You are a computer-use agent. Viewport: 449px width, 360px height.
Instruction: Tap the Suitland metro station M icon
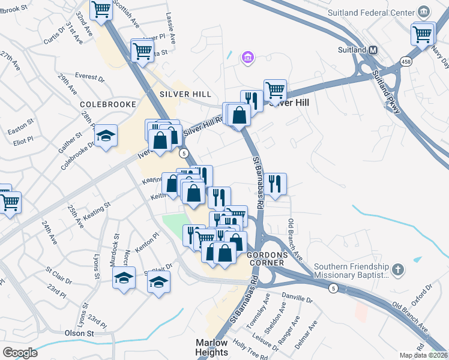tap(372, 50)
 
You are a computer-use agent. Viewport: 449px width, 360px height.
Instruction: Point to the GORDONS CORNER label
tap(276, 256)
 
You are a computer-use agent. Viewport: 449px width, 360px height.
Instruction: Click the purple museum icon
tap(247, 58)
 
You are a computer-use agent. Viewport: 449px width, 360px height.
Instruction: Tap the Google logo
tap(20, 352)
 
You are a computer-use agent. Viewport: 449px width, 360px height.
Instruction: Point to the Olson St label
tap(80, 333)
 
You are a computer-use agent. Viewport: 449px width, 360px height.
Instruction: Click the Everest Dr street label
tap(89, 77)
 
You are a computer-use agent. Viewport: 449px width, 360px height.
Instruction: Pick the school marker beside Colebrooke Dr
tap(106, 136)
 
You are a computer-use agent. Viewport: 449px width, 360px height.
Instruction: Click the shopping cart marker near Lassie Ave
tap(142, 50)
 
